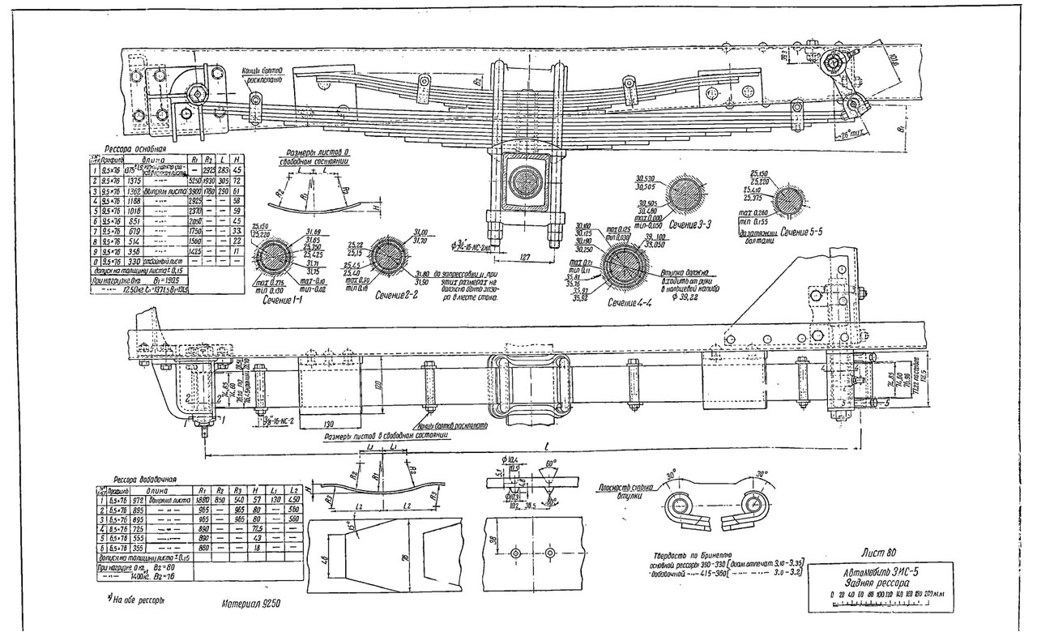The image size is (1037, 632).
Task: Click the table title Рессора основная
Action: (x=136, y=150)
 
